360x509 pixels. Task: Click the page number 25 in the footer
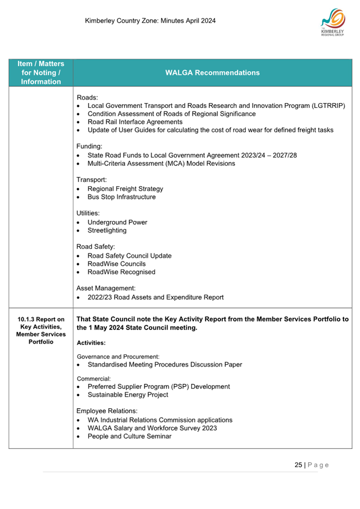coord(298,465)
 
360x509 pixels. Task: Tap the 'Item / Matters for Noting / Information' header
coord(41,73)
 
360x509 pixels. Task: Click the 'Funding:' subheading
coord(89,147)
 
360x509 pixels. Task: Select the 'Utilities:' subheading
coord(90,214)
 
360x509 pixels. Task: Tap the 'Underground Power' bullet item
coord(117,223)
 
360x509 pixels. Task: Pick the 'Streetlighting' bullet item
coord(111,231)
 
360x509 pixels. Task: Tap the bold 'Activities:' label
coord(91,343)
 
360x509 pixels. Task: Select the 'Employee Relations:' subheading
coord(108,411)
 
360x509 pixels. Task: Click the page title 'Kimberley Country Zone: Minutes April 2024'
coord(151,21)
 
